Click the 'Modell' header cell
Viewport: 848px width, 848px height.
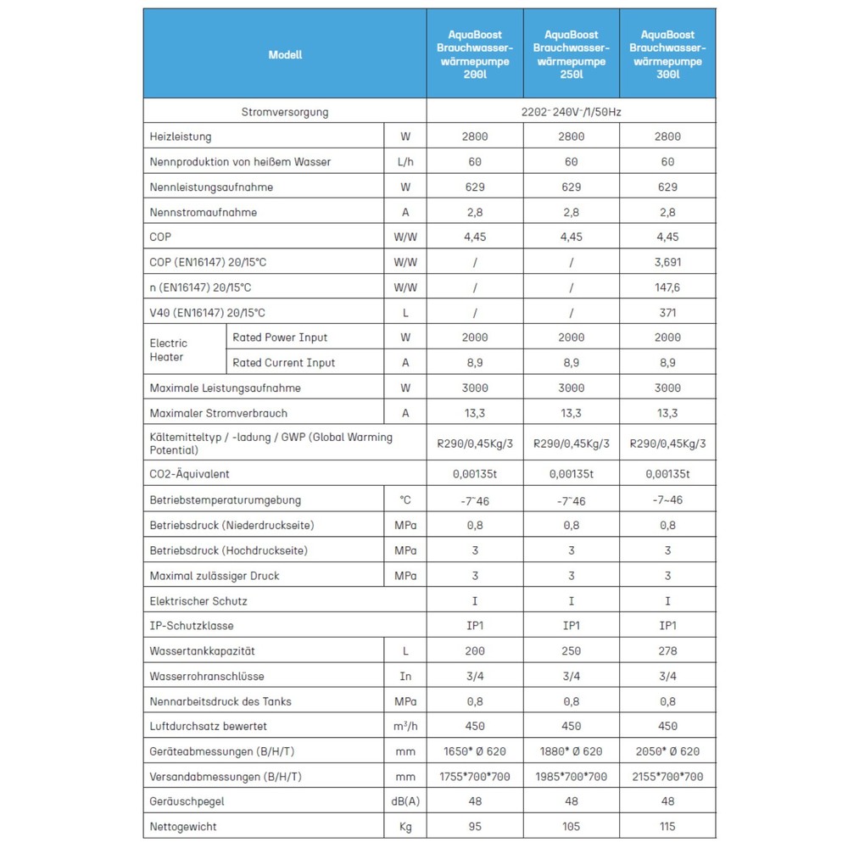pyautogui.click(x=285, y=54)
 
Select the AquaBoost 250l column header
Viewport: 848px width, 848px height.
pyautogui.click(x=571, y=54)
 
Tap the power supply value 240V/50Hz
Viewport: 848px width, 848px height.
pyautogui.click(x=571, y=112)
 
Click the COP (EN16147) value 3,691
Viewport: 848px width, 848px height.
pyautogui.click(x=667, y=263)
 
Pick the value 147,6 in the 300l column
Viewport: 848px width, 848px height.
pyautogui.click(x=667, y=287)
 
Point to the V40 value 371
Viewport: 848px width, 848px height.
pyautogui.click(x=667, y=313)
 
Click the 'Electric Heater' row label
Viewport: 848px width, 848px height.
pyautogui.click(x=169, y=350)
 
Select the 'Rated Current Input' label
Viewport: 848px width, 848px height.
pyautogui.click(x=284, y=363)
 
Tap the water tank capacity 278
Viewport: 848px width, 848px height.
pyautogui.click(x=667, y=651)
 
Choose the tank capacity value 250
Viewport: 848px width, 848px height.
pyautogui.click(x=571, y=651)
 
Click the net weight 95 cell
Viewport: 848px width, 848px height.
pyautogui.click(x=475, y=827)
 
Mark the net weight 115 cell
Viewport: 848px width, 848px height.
pyautogui.click(x=667, y=827)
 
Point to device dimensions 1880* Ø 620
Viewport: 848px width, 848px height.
pyautogui.click(x=571, y=751)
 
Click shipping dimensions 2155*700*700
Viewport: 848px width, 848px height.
pyautogui.click(x=667, y=777)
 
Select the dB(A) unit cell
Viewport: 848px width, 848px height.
pyautogui.click(x=405, y=801)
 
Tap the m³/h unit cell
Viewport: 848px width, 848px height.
pyautogui.click(x=405, y=727)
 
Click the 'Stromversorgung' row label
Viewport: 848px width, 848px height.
pyautogui.click(x=285, y=112)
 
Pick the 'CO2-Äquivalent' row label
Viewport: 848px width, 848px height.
pyautogui.click(x=189, y=474)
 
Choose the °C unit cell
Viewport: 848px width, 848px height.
pyautogui.click(x=405, y=500)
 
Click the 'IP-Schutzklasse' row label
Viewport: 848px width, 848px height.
pyautogui.click(x=191, y=626)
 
